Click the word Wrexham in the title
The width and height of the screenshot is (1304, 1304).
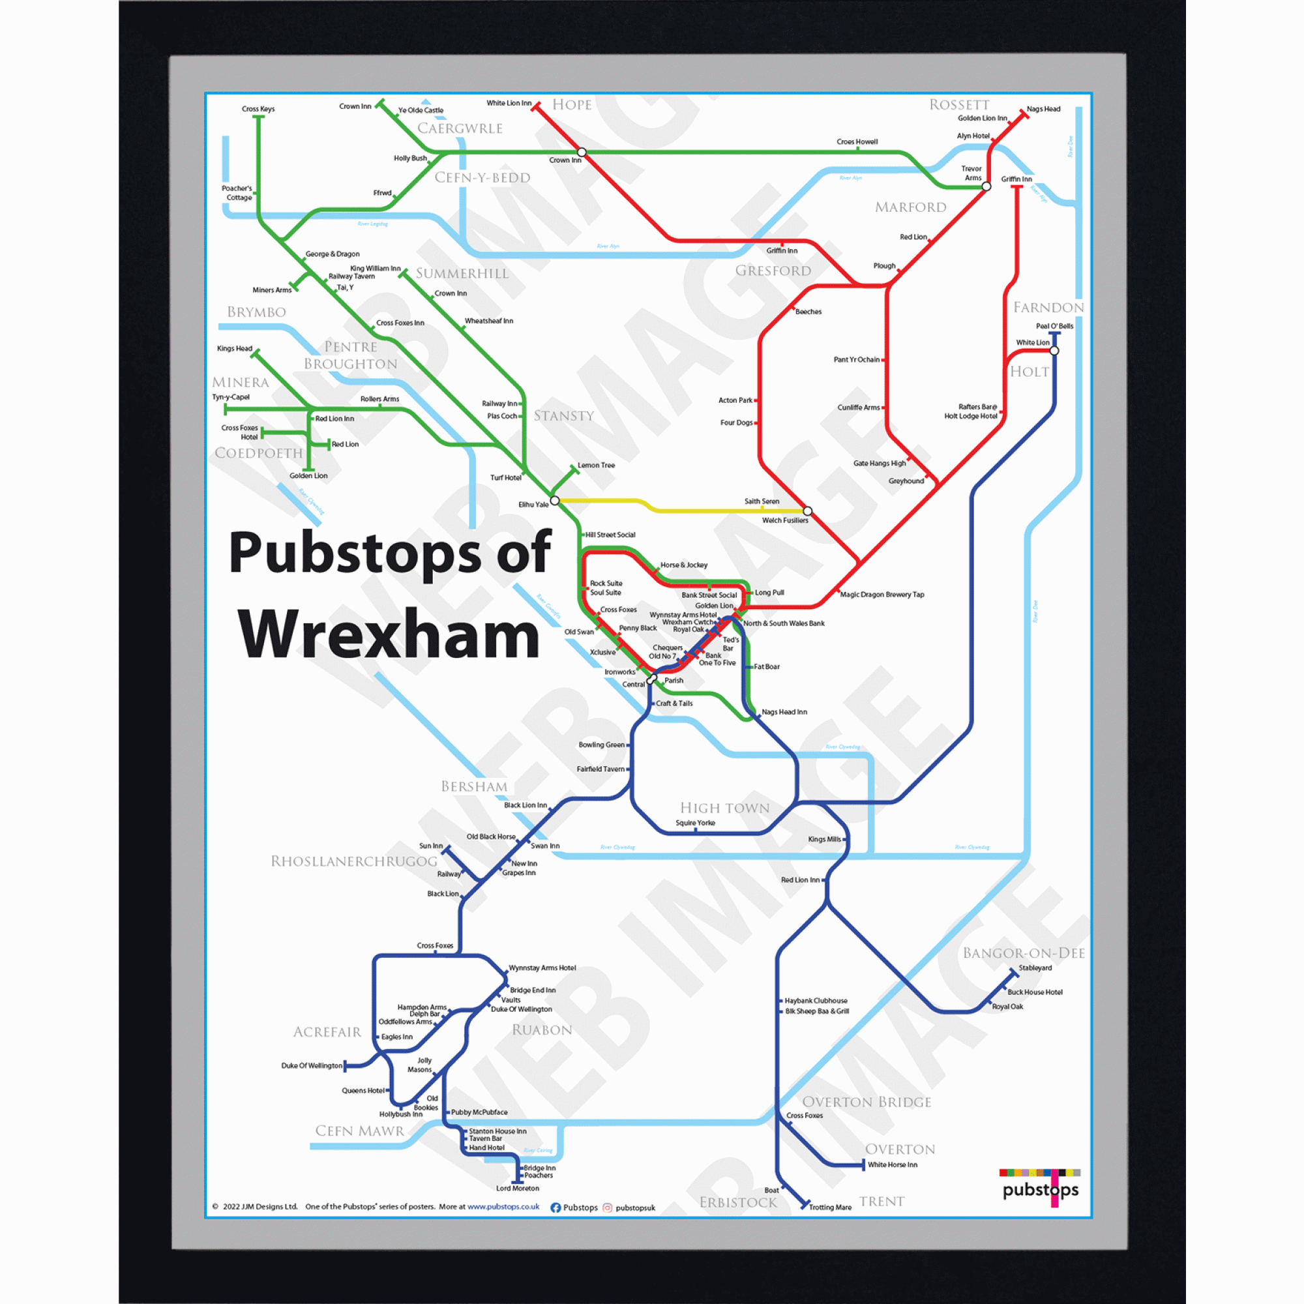pos(389,634)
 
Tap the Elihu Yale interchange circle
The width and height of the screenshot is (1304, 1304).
pos(555,501)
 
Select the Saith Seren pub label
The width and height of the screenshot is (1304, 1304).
pos(762,501)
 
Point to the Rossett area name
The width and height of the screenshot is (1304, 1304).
pos(959,104)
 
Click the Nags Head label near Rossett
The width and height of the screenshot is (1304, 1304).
pos(1043,110)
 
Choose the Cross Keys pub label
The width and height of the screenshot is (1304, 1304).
pos(258,110)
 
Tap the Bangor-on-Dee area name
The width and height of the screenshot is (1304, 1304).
pos(1023,953)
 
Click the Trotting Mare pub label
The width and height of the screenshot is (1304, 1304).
pos(830,1208)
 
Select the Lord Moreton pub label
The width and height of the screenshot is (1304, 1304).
pos(518,1189)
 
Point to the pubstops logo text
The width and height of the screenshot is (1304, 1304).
pos(1040,1189)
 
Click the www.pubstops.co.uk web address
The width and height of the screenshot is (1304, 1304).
pos(503,1207)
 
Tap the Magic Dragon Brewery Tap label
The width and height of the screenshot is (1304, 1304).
pos(882,595)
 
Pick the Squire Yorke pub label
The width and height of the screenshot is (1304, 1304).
pos(695,823)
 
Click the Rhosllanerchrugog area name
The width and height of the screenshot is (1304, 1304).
pos(353,861)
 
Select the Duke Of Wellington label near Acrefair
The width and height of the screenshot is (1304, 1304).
pos(311,1066)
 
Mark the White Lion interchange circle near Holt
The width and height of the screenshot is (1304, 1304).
pos(1054,351)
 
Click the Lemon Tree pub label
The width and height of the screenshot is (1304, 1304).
pos(596,465)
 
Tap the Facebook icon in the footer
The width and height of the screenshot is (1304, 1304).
pos(556,1208)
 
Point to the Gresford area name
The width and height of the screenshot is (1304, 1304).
pos(773,271)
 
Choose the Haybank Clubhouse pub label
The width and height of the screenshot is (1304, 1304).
pos(816,1001)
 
